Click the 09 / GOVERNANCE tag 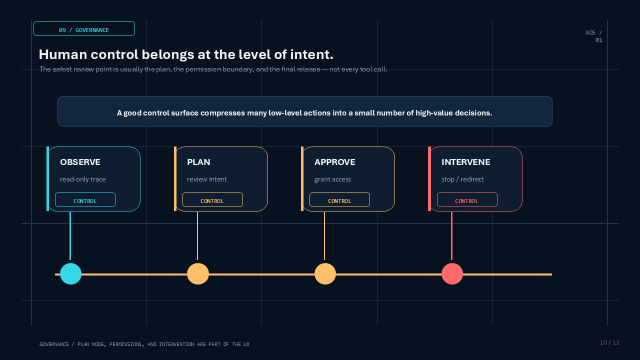[x=84, y=28]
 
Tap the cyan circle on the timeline [x=70, y=273]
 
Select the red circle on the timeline [x=452, y=273]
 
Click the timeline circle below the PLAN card [x=197, y=273]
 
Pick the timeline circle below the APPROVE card [x=325, y=273]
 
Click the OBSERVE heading [x=80, y=162]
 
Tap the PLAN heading [x=198, y=162]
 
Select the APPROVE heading [x=334, y=162]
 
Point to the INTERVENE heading [x=465, y=162]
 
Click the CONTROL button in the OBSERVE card [x=85, y=199]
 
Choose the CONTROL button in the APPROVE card [x=339, y=199]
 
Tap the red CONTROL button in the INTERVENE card [x=467, y=199]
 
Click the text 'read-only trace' [x=83, y=179]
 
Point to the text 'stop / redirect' [x=462, y=179]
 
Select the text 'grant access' [x=332, y=179]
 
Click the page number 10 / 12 [x=609, y=342]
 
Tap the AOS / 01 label [x=593, y=36]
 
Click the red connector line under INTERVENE [x=451, y=236]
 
